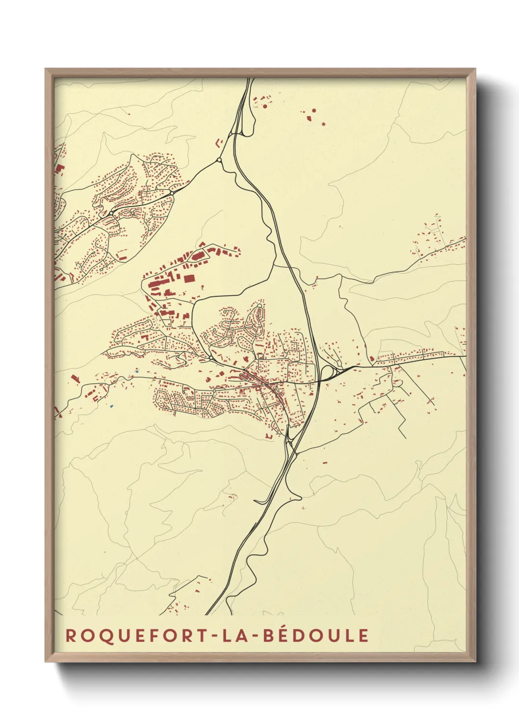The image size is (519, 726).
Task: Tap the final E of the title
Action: coord(363,635)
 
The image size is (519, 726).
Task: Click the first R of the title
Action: coord(71,635)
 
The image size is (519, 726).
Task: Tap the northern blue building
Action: coord(138,371)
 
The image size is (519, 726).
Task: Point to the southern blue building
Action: coord(112,406)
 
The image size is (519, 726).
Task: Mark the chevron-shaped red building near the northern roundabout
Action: coord(218,142)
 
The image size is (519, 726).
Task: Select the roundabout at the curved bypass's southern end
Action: coord(210,359)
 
